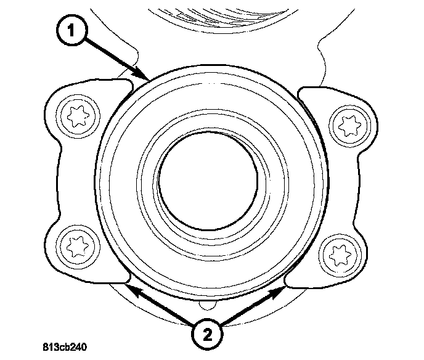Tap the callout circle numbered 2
(x=205, y=335)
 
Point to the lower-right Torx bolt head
(x=336, y=253)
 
